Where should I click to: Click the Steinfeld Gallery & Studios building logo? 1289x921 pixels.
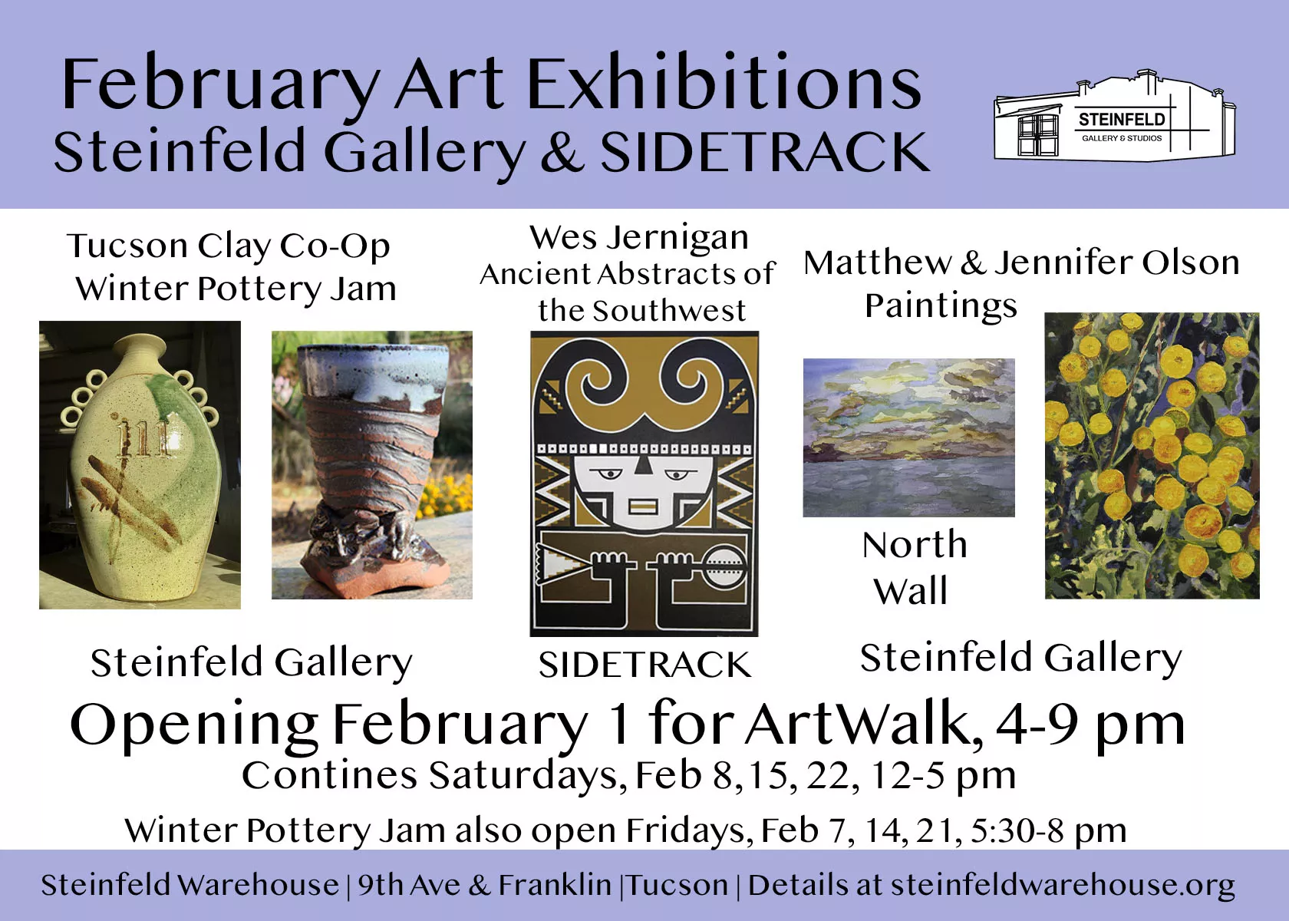[1115, 122]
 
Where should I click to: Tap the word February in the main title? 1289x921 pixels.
[219, 86]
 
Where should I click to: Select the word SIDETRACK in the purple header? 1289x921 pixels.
[765, 151]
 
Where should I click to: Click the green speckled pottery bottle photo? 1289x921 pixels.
[140, 464]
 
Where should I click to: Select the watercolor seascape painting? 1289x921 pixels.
[908, 437]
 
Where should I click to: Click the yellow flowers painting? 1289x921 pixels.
[1152, 455]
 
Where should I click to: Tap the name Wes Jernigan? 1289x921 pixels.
[638, 238]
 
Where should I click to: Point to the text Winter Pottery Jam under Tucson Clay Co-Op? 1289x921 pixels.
[236, 289]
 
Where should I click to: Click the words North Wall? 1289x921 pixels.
[913, 568]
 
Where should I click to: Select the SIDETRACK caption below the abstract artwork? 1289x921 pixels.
[644, 665]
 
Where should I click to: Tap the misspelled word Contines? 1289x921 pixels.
[329, 776]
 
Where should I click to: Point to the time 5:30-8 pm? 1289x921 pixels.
[1048, 831]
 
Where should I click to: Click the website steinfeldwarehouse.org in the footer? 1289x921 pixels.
[1063, 886]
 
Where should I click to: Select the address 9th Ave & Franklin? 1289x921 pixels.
[485, 886]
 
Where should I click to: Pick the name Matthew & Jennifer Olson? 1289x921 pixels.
[1021, 263]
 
